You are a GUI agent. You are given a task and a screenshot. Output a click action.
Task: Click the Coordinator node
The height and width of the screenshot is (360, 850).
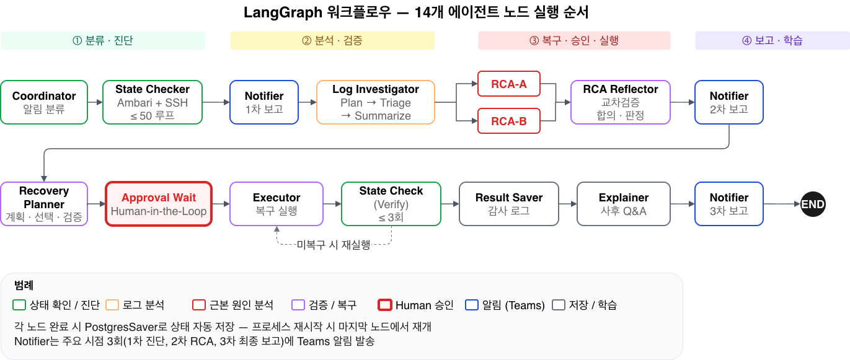(x=44, y=102)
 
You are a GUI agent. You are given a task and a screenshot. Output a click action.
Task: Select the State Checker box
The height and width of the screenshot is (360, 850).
(x=153, y=102)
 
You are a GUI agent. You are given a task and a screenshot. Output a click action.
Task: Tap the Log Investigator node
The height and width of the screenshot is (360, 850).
(x=376, y=102)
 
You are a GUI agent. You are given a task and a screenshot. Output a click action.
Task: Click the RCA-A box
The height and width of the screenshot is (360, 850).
(x=509, y=84)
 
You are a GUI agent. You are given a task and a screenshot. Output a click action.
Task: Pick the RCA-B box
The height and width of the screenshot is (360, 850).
(x=509, y=121)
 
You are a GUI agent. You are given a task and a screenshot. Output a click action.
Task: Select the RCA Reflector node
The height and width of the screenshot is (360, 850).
(x=621, y=102)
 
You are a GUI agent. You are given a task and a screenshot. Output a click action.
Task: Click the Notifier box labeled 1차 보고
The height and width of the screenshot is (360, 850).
(x=264, y=102)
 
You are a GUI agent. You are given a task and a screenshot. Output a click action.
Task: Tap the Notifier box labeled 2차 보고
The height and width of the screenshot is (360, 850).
(x=729, y=102)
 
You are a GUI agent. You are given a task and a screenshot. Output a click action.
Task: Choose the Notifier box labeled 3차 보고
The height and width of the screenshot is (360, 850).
(x=729, y=204)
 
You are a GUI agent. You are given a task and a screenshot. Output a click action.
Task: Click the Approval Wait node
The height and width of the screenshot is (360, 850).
(x=159, y=204)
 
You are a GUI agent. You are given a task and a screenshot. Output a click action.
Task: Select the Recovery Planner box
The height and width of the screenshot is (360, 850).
(x=44, y=204)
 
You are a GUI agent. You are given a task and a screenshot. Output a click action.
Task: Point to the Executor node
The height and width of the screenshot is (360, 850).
(x=277, y=204)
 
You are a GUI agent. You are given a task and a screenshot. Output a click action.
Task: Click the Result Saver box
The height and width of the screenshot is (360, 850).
(x=509, y=204)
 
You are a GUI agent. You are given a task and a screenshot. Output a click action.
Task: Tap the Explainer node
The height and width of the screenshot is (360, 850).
(x=624, y=204)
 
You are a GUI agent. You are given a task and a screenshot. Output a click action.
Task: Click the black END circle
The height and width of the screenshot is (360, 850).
(x=813, y=204)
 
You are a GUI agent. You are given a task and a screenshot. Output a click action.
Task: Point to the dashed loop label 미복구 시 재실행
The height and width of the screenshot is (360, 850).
(x=333, y=245)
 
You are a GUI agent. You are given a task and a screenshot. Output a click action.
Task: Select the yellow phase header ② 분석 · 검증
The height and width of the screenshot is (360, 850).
(x=332, y=41)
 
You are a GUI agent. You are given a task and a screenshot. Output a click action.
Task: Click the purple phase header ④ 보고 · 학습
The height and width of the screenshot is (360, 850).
(x=773, y=41)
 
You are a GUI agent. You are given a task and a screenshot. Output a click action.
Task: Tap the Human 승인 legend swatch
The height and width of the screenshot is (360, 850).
(x=385, y=305)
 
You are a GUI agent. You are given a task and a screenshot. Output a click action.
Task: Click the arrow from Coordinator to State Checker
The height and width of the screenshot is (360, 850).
(x=95, y=102)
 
